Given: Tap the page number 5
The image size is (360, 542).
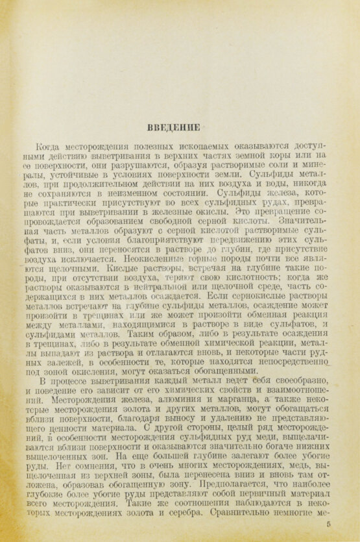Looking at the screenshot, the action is (x=330, y=524).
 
